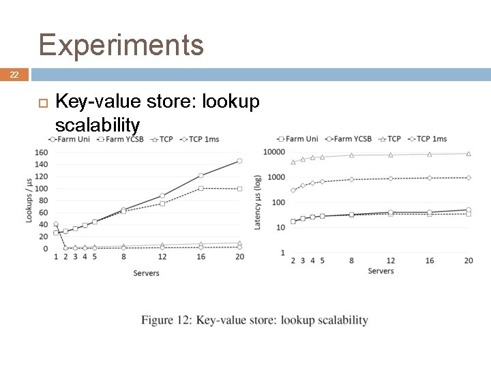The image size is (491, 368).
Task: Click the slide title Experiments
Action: pyautogui.click(x=121, y=45)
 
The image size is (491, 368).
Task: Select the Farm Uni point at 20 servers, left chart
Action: pyautogui.click(x=239, y=161)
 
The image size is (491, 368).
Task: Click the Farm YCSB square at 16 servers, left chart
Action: pyautogui.click(x=201, y=188)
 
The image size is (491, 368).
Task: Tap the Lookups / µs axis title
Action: pyautogui.click(x=29, y=199)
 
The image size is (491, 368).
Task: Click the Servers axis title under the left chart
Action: pyautogui.click(x=146, y=273)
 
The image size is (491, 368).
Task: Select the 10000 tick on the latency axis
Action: pyautogui.click(x=274, y=152)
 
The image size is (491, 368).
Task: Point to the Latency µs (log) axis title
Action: pyautogui.click(x=258, y=202)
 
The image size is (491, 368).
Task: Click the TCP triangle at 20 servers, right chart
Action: pyautogui.click(x=468, y=154)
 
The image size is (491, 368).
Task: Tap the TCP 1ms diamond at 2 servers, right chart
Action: pyautogui.click(x=293, y=190)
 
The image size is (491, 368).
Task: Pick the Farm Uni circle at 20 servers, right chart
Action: pyautogui.click(x=468, y=210)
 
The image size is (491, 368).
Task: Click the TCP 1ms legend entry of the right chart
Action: pyautogui.click(x=427, y=139)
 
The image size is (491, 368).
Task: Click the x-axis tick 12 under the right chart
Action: pyautogui.click(x=390, y=261)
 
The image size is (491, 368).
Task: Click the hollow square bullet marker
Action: pyautogui.click(x=42, y=103)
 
